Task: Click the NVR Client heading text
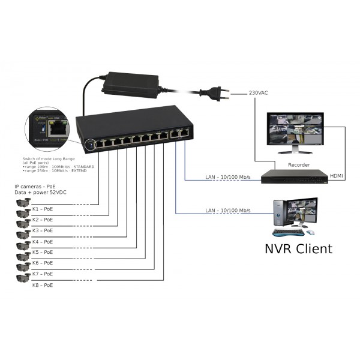tap(298, 248)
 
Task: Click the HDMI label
tap(338, 176)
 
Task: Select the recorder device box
tap(298, 176)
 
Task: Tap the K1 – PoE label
tap(42, 209)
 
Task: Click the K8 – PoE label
tap(42, 284)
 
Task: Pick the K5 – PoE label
tap(42, 252)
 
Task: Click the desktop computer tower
tap(278, 213)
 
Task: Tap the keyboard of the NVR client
tap(286, 232)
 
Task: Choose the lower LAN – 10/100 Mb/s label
tap(227, 211)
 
